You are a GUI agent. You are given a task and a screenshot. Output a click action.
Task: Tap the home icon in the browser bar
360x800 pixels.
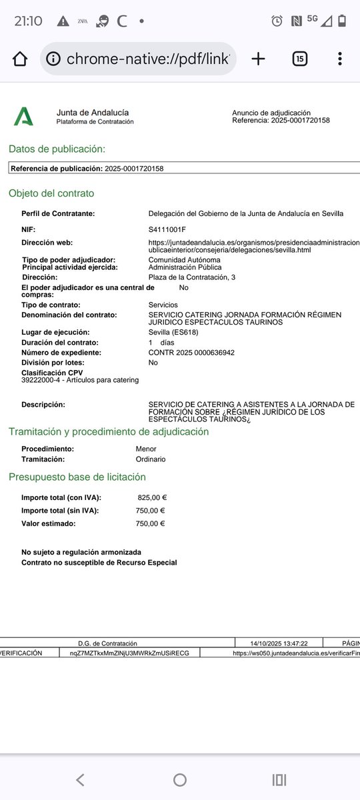(x=20, y=59)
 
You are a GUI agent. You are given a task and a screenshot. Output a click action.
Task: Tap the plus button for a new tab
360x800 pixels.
(x=258, y=59)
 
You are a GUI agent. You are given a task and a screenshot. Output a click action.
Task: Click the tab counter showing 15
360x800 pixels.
(x=300, y=59)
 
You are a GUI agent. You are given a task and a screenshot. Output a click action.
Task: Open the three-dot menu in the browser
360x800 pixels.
(x=340, y=59)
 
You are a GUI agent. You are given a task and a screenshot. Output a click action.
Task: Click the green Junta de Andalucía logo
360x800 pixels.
(x=23, y=117)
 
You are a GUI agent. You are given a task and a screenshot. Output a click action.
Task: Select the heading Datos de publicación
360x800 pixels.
(x=57, y=149)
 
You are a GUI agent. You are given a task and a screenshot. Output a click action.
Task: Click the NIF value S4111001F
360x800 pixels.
(x=167, y=229)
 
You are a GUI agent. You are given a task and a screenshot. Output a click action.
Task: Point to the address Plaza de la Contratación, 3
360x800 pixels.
(x=191, y=277)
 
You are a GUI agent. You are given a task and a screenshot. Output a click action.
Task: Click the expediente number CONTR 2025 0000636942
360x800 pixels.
(x=191, y=352)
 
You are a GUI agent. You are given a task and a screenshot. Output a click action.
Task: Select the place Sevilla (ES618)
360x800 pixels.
(x=173, y=332)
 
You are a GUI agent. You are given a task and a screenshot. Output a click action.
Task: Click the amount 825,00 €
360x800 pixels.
(x=152, y=497)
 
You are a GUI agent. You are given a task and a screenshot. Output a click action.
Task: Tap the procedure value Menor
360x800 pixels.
(x=146, y=449)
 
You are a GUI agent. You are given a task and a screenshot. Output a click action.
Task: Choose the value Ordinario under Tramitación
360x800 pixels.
(x=151, y=459)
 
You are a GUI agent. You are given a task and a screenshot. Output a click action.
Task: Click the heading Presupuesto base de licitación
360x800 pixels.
(x=77, y=477)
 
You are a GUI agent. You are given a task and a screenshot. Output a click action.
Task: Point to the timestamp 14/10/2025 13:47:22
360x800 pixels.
(x=278, y=643)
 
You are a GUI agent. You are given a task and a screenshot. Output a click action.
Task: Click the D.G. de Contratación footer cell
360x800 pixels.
(x=107, y=643)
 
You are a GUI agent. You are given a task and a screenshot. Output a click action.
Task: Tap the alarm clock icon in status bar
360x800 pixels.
(x=277, y=21)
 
